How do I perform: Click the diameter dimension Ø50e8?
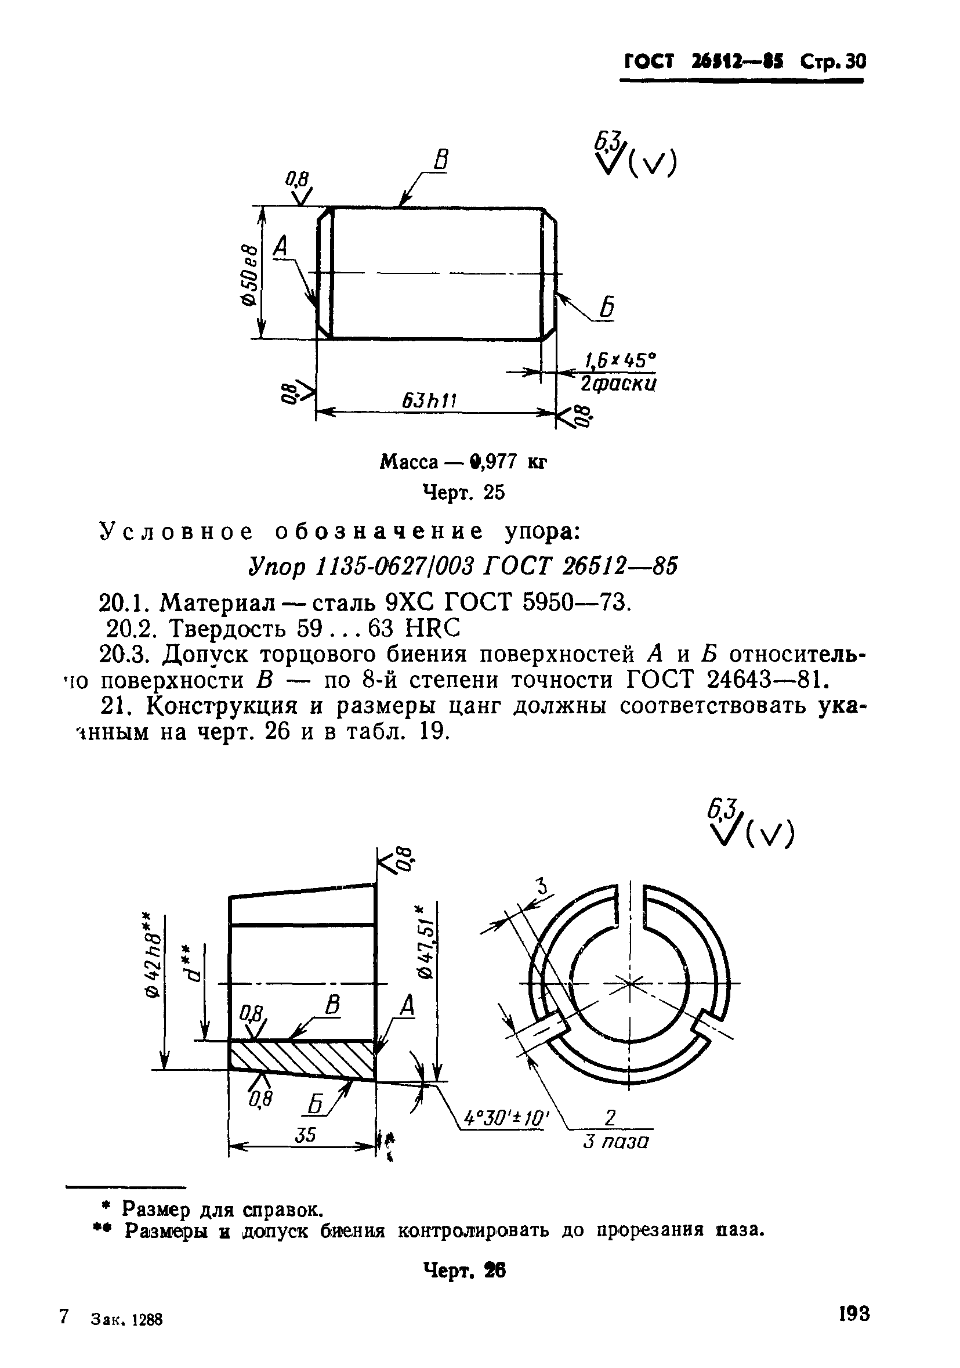[x=251, y=275]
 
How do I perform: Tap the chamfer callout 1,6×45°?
[x=620, y=360]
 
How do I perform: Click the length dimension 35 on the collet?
[x=306, y=1135]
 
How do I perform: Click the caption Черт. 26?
[x=464, y=1272]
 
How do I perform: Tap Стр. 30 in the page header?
[x=832, y=62]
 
